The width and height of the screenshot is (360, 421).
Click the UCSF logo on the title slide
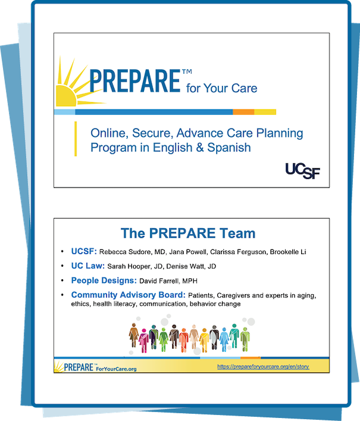pyautogui.click(x=302, y=171)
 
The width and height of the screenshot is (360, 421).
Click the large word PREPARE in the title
pyautogui.click(x=134, y=81)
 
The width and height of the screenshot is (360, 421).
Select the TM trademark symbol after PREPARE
pyautogui.click(x=187, y=71)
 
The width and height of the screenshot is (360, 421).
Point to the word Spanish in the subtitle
pyautogui.click(x=229, y=147)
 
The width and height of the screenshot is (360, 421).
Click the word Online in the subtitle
pyautogui.click(x=109, y=133)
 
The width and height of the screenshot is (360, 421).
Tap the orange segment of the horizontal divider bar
pyautogui.click(x=244, y=112)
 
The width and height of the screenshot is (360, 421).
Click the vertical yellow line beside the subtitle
pyautogui.click(x=76, y=139)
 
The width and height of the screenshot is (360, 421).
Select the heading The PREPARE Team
pyautogui.click(x=188, y=233)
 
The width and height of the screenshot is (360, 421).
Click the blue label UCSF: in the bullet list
pyautogui.click(x=83, y=251)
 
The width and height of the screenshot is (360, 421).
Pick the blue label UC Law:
pyautogui.click(x=88, y=266)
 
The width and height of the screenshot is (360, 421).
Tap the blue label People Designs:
pyautogui.click(x=104, y=280)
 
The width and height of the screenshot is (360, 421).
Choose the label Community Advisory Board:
pyautogui.click(x=128, y=295)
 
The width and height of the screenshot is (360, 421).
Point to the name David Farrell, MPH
pyautogui.click(x=169, y=281)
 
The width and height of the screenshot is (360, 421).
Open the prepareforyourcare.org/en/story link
pyautogui.click(x=263, y=366)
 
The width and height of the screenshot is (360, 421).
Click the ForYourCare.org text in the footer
pyautogui.click(x=116, y=369)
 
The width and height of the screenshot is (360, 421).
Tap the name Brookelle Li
pyautogui.click(x=288, y=252)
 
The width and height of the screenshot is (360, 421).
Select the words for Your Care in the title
pyautogui.click(x=221, y=88)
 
